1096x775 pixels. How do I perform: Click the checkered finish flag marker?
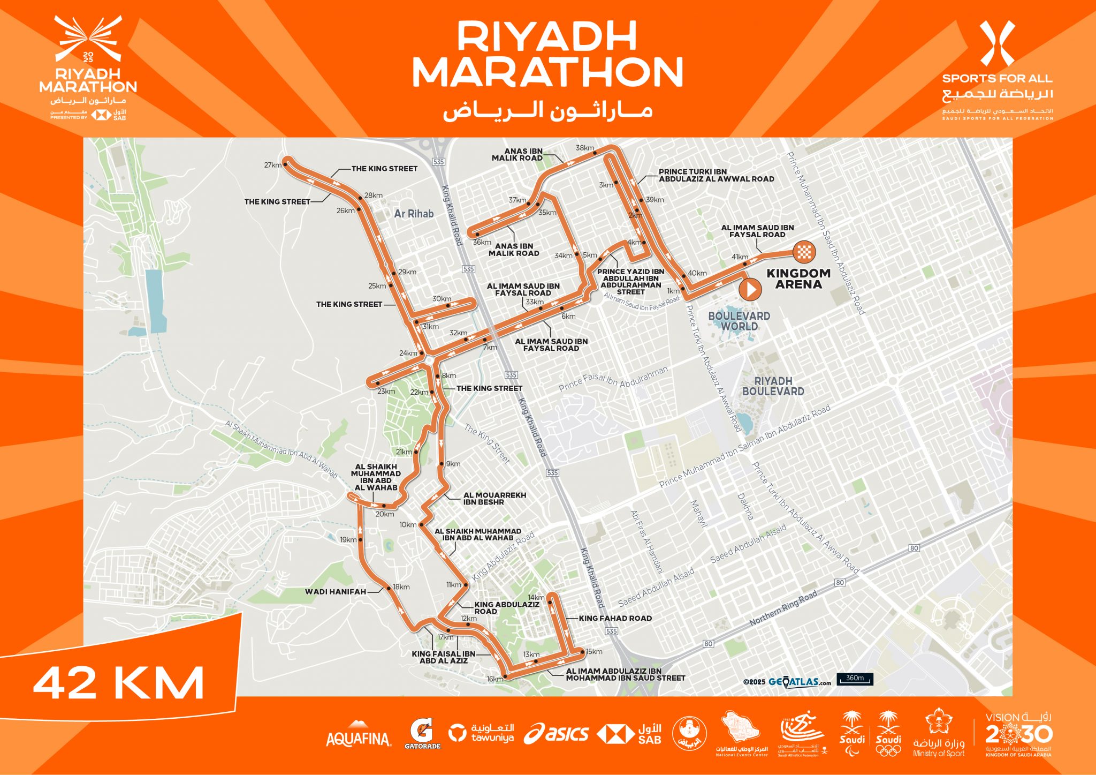tap(804, 251)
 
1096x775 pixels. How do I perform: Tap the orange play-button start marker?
tap(750, 289)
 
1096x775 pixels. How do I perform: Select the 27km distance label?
tap(272, 165)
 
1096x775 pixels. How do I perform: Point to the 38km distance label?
tap(584, 148)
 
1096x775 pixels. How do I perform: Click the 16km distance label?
tap(494, 679)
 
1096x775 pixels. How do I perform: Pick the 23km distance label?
tap(386, 392)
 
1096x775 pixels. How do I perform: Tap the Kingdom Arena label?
tap(798, 279)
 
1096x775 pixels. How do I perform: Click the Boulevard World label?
tap(739, 321)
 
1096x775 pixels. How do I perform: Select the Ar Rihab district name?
tap(414, 214)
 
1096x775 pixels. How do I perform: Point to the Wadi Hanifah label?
tap(336, 592)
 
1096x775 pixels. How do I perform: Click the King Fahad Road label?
tap(615, 618)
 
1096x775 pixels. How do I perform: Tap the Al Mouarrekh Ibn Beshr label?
tap(494, 499)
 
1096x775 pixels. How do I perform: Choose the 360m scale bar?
tap(855, 679)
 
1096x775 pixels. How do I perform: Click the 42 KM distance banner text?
tap(118, 683)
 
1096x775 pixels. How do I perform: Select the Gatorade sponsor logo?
tap(422, 734)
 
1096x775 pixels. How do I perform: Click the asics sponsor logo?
tap(556, 733)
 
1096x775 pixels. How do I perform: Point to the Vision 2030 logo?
tap(1018, 734)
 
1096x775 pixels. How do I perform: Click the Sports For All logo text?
tap(998, 78)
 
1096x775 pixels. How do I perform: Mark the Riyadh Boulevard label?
tap(773, 386)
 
